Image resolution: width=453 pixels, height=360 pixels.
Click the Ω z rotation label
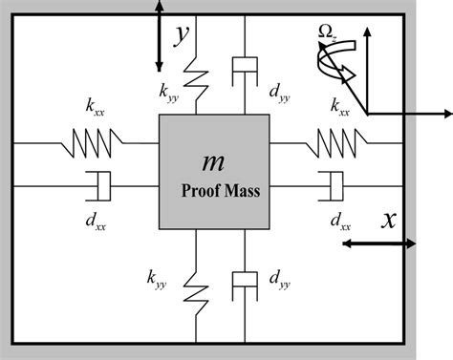point(330,35)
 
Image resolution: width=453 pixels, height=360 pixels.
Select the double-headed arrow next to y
point(159,35)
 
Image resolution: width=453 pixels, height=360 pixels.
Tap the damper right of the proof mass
point(331,185)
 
